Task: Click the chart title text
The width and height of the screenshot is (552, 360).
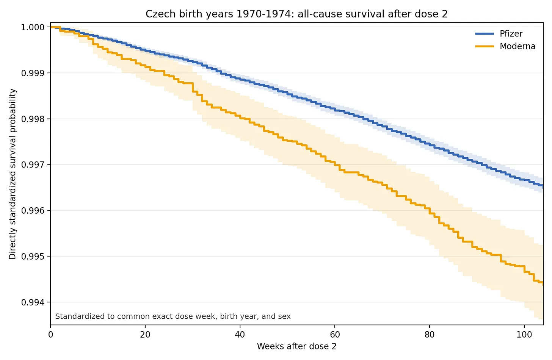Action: tap(296, 14)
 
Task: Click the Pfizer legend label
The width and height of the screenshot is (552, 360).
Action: tap(511, 34)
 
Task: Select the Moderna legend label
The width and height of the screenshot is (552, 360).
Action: tap(517, 46)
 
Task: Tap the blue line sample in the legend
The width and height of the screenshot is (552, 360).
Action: tap(485, 34)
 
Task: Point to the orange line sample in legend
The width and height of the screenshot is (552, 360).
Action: tap(485, 46)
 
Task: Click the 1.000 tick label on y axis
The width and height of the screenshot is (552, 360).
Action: tap(33, 27)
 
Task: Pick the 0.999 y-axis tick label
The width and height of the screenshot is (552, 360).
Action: tap(33, 73)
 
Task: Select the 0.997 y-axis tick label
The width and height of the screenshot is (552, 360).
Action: tap(33, 164)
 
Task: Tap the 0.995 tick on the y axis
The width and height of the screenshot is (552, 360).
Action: tap(33, 256)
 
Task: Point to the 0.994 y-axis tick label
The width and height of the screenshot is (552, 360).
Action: tap(33, 302)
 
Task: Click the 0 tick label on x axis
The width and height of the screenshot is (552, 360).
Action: tap(50, 335)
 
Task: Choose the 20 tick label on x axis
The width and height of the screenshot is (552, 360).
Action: tap(145, 335)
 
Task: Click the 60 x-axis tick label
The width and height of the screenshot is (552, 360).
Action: tap(335, 335)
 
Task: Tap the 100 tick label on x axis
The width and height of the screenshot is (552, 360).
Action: tap(524, 335)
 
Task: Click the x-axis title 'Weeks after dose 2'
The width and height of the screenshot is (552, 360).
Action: tap(296, 346)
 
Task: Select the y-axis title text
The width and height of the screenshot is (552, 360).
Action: tap(12, 174)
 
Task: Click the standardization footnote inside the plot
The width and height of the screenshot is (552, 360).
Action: tap(173, 316)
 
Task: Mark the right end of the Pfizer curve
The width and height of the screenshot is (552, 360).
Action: tap(543, 186)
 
